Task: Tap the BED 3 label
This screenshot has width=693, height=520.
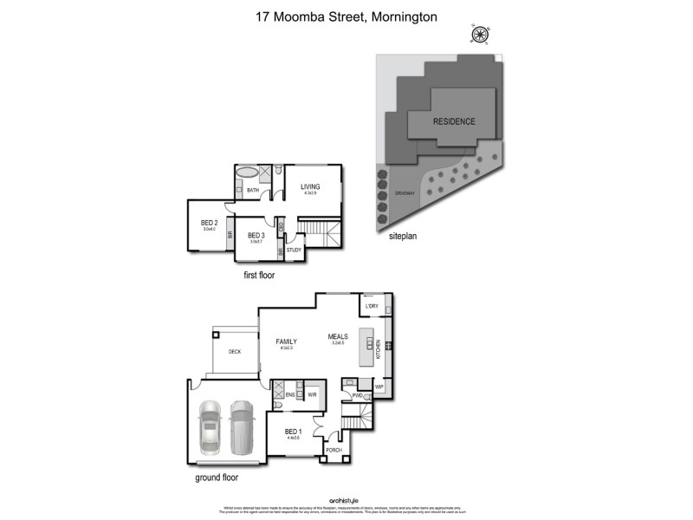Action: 255,235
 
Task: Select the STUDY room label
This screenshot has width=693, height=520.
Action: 294,250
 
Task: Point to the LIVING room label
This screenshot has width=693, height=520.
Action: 310,186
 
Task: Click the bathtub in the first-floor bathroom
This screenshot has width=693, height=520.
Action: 247,172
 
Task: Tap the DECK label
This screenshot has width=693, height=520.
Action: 234,352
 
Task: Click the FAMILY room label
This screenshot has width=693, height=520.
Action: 286,341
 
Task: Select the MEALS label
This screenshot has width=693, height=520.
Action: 338,336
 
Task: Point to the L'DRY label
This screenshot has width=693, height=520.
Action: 372,307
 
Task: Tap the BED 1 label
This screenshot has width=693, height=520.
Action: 293,432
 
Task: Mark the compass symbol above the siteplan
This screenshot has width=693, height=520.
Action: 477,36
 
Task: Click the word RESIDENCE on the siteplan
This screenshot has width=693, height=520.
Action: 454,121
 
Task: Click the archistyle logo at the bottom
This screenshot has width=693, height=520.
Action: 346,500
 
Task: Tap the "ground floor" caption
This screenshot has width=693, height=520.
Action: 217,477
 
